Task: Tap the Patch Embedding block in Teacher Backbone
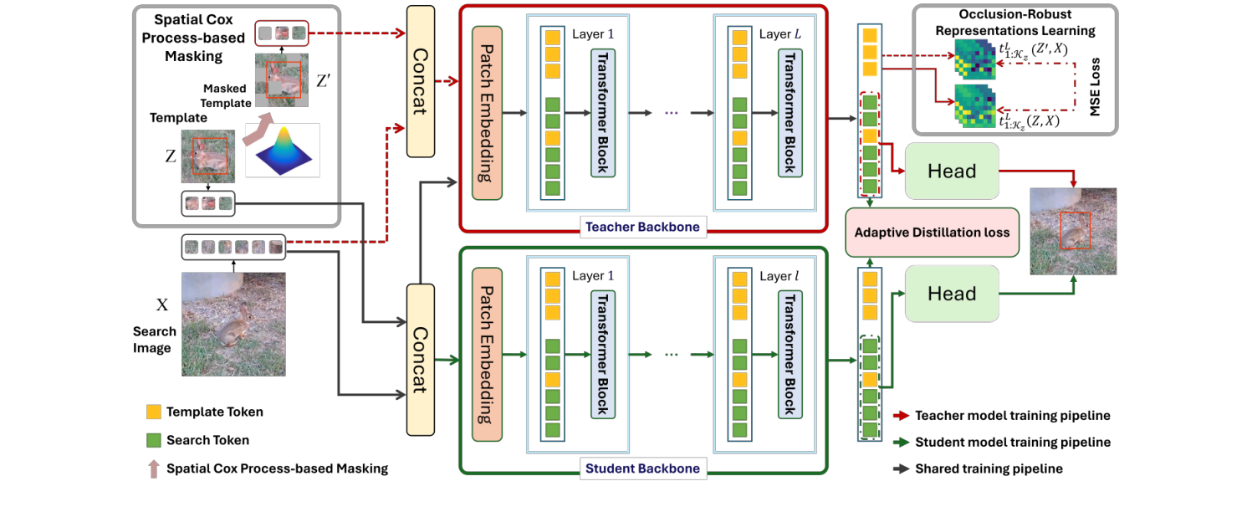click(x=487, y=114)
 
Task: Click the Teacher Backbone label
click(x=642, y=227)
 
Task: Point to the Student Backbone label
click(x=642, y=468)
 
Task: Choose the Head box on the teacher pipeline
click(x=952, y=172)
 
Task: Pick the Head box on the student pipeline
click(x=952, y=294)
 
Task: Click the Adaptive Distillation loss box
click(x=933, y=233)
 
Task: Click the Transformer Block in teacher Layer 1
click(x=602, y=114)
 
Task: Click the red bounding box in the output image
click(x=1074, y=230)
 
